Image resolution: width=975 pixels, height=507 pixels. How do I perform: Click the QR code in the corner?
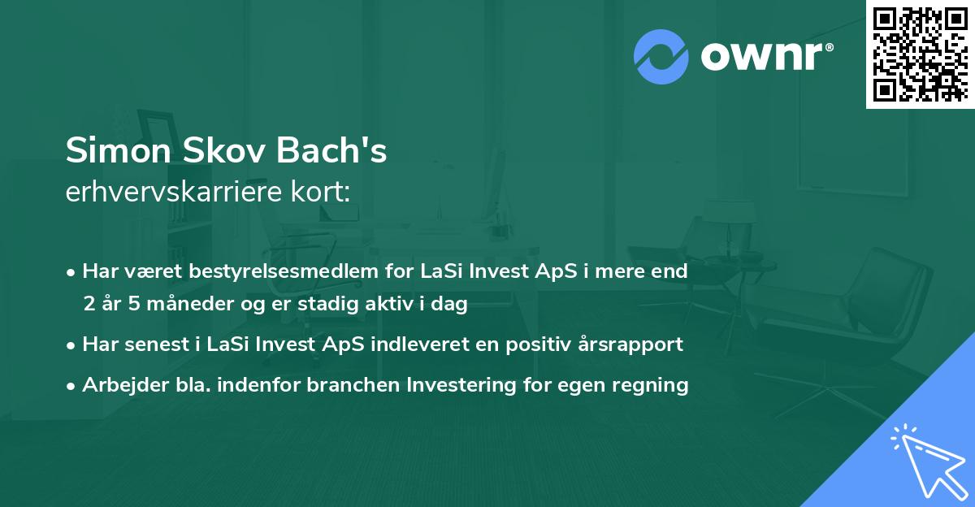click(920, 54)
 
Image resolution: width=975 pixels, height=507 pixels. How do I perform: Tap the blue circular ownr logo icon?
click(661, 57)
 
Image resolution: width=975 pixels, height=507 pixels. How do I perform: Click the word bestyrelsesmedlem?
click(258, 271)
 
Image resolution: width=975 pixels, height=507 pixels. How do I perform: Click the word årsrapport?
click(630, 344)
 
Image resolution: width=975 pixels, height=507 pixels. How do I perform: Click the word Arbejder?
click(119, 384)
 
